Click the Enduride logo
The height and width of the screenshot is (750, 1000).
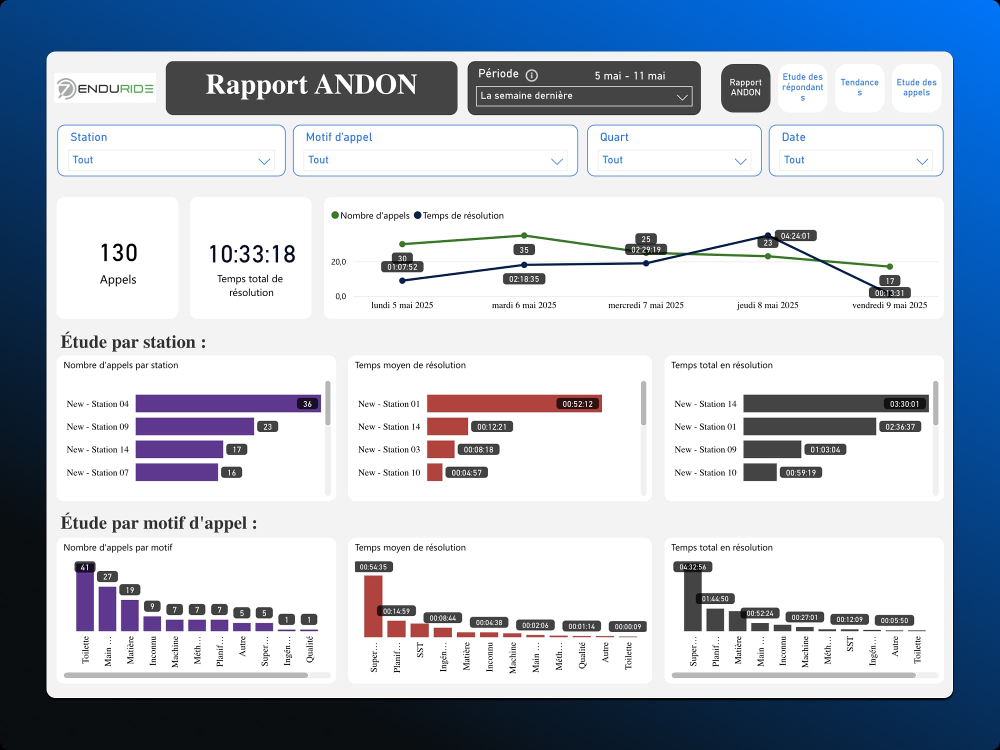tap(105, 88)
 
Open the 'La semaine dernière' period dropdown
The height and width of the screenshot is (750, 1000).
tap(583, 96)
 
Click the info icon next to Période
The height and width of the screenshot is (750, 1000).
tap(531, 75)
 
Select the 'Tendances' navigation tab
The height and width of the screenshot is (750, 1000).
tap(859, 87)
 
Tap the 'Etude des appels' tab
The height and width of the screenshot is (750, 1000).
tap(916, 87)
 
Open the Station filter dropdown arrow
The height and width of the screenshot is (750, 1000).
tap(264, 161)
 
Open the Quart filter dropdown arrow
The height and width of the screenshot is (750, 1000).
tap(740, 161)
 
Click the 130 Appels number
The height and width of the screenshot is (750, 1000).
tap(118, 253)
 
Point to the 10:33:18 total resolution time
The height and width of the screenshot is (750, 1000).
tap(251, 254)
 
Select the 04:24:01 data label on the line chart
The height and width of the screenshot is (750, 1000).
tap(795, 235)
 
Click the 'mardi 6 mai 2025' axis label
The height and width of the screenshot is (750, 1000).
tap(523, 305)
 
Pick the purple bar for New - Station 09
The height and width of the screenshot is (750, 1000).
tap(194, 426)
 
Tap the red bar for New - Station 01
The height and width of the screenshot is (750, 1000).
tap(514, 403)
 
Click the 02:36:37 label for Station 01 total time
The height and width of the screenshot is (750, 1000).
tap(899, 426)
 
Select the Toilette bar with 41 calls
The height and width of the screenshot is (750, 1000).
tap(85, 600)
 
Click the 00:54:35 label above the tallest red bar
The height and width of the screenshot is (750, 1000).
tap(373, 567)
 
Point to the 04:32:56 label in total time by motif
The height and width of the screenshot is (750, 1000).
tap(692, 567)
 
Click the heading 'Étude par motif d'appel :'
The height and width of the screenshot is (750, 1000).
tap(158, 523)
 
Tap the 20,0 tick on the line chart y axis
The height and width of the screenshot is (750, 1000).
tap(338, 262)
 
